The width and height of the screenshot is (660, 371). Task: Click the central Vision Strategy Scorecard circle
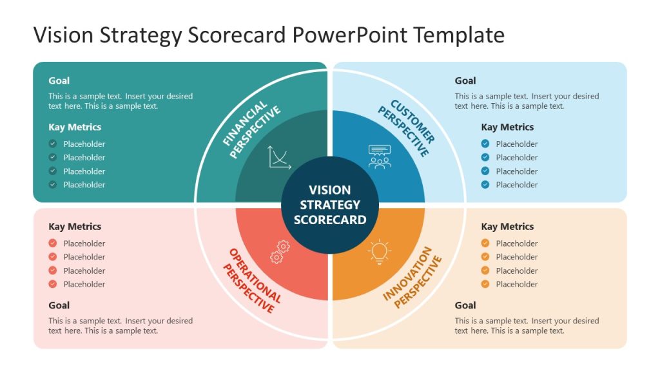[330, 204]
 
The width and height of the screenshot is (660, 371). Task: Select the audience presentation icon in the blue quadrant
[379, 157]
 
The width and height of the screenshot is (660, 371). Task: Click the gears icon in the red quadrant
[280, 252]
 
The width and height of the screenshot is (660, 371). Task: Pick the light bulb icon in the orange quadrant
[380, 252]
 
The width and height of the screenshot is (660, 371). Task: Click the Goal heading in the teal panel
[59, 81]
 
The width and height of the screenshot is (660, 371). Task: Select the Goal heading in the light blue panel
[465, 81]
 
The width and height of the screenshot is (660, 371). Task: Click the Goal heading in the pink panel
[59, 305]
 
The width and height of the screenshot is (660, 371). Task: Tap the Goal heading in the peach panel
[465, 305]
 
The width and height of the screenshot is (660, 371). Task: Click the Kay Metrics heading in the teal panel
[75, 127]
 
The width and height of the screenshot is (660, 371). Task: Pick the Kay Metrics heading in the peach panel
[507, 227]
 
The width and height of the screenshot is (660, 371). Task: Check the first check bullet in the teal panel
[53, 144]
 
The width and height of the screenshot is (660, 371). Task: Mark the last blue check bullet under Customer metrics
[485, 185]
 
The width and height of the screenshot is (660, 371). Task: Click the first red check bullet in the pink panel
[53, 243]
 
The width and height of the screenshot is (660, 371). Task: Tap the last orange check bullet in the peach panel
[485, 284]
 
